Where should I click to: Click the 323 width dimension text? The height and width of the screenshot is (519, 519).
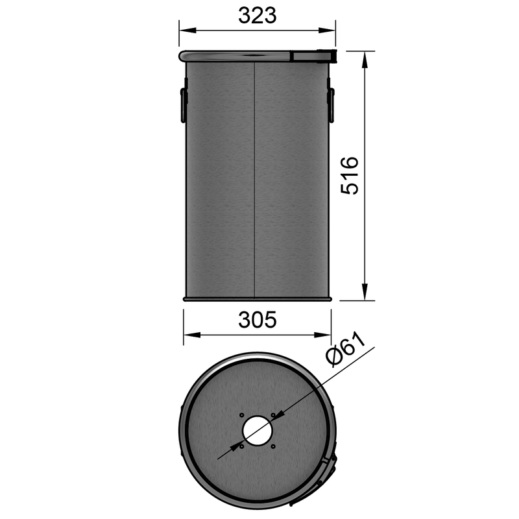tap(257, 16)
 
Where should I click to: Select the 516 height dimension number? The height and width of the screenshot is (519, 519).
tap(350, 175)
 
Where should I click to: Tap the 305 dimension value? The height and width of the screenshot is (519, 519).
tap(257, 320)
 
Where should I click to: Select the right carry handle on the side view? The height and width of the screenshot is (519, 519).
tap(331, 104)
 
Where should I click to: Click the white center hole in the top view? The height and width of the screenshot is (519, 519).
tap(258, 431)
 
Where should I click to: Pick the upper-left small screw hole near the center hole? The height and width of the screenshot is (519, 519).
tap(241, 415)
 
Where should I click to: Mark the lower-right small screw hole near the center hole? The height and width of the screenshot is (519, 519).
tap(274, 446)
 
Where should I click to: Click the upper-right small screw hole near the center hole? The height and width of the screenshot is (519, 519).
tap(274, 415)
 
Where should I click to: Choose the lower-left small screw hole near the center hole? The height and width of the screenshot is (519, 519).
tap(241, 446)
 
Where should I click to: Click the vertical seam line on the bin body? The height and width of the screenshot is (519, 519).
tap(257, 182)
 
